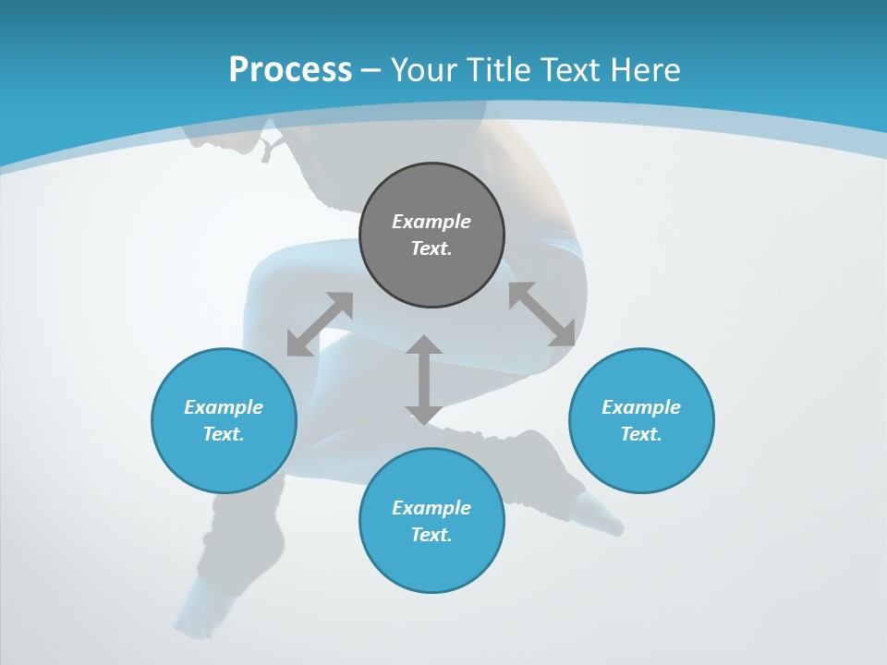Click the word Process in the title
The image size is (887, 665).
coord(290,70)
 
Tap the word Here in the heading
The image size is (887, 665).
coord(646,70)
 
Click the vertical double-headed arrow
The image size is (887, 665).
coord(424,380)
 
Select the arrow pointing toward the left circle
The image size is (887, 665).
coord(320,324)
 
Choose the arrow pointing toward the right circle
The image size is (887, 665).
coord(542,314)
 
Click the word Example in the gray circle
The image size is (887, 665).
coord(431,222)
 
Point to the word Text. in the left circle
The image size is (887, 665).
coord(224,434)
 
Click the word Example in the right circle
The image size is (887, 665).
coord(641,407)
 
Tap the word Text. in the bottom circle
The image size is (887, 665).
coord(431,535)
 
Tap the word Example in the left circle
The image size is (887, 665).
coord(224,407)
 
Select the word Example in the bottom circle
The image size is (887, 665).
coord(431,508)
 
